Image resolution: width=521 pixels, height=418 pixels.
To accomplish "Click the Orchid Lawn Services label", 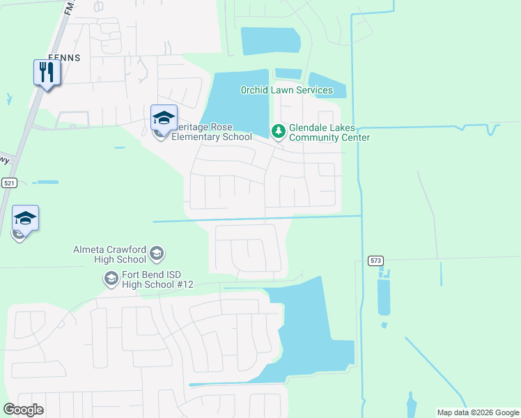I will pos(287,90).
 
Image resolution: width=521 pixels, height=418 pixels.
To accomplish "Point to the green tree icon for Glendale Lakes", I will pos(278,131).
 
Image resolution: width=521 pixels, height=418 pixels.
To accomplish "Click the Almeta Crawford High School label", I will pos(111,254).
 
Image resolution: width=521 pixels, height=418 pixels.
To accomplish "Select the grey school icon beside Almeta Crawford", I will pos(157,253).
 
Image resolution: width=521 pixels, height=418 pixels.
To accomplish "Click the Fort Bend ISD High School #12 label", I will pos(157,279).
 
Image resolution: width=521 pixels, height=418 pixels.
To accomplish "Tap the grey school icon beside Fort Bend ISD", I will pos(111,279).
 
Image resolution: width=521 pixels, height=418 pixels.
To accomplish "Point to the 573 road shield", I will pos(375,261).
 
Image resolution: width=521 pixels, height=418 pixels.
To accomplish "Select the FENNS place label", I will pos(64,59).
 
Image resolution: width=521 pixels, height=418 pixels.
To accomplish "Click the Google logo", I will pos(23,410).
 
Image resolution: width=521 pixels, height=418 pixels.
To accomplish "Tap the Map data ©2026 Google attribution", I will pos(478,412).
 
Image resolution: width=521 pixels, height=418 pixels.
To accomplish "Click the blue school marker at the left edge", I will pos(25,217).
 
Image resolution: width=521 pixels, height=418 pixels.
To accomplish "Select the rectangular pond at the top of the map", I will pos(270,41).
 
